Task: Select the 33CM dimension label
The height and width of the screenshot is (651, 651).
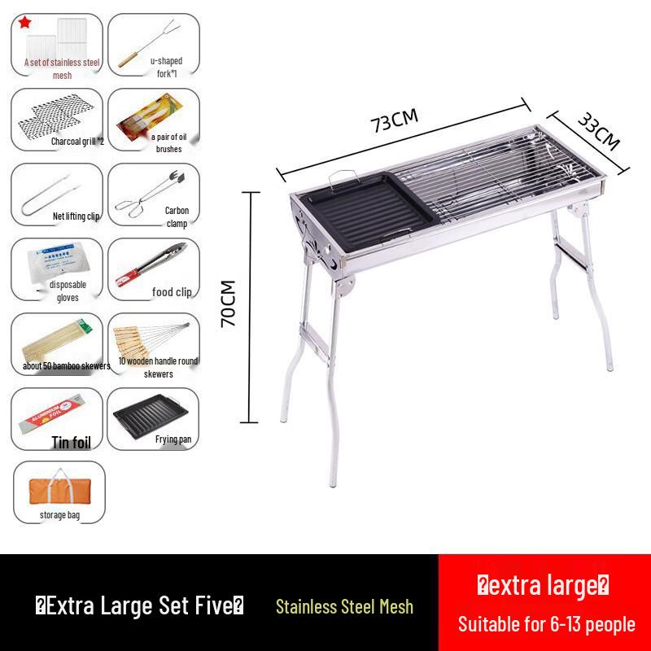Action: [x=599, y=130]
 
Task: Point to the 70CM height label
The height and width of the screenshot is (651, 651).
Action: [x=229, y=304]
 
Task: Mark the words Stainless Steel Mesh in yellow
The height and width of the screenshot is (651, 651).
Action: [x=344, y=606]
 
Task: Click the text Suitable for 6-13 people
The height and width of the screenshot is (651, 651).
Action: [x=546, y=625]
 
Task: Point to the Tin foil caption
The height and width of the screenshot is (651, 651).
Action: [x=72, y=443]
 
